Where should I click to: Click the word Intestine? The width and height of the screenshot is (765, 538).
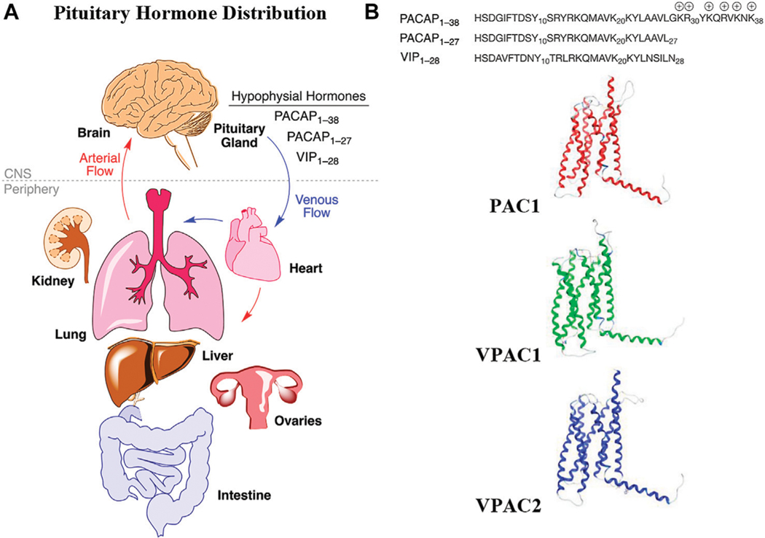245,496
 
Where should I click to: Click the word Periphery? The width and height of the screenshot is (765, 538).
25,189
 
